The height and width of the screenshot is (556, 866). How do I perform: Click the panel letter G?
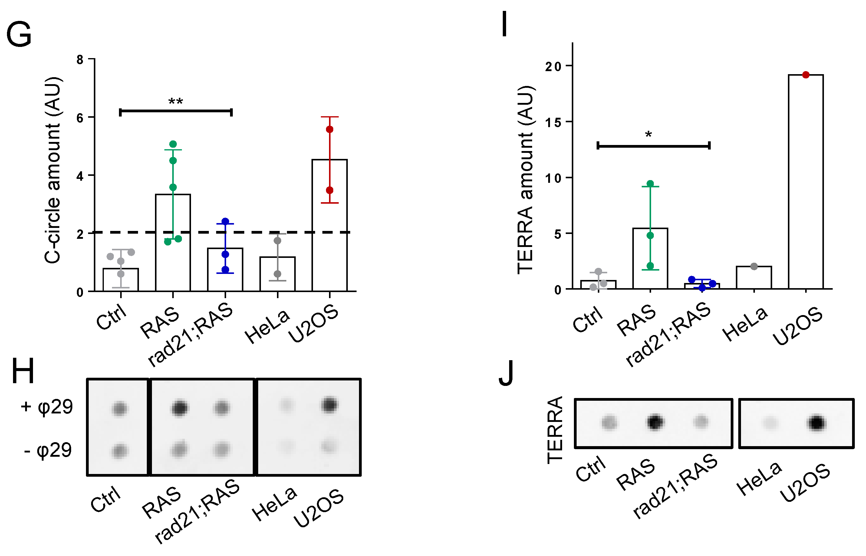19,34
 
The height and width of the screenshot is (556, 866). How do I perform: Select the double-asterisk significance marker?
176,101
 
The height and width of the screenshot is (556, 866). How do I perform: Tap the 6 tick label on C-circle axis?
80,118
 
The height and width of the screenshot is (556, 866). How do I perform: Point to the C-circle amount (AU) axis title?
53,170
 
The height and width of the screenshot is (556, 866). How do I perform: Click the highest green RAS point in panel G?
173,144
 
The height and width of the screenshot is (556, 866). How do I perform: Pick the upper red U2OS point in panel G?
329,129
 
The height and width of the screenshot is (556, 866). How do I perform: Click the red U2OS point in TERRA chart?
805,75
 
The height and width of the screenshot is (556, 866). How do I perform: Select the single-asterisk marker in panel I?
648,135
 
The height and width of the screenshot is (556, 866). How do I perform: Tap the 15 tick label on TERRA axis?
553,122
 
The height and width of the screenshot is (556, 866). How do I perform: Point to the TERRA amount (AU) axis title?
525,179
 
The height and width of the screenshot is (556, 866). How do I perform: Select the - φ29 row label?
48,450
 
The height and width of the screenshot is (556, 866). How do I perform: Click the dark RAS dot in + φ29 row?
179,408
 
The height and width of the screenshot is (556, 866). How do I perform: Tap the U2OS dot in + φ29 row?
329,404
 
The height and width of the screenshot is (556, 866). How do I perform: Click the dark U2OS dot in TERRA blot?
817,423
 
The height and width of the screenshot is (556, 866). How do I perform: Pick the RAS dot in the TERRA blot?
655,422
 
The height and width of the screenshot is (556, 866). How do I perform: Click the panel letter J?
506,373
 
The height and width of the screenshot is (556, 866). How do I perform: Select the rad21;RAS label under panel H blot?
197,511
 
